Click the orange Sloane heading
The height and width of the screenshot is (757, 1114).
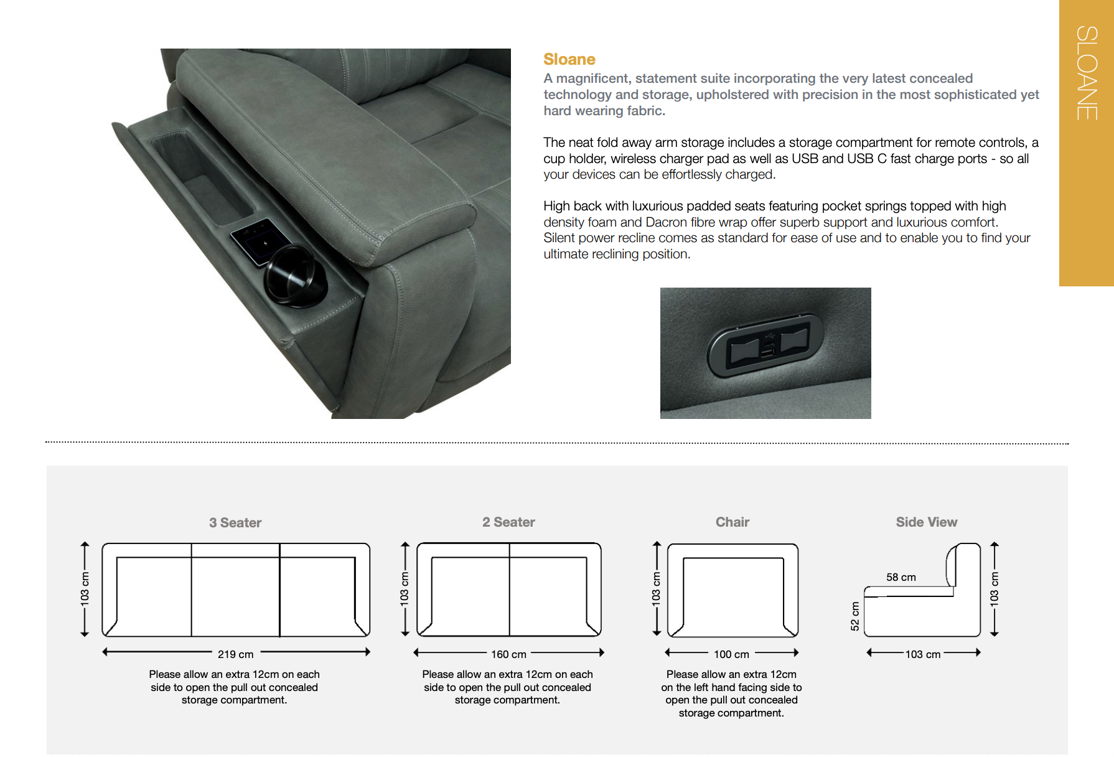click(x=569, y=59)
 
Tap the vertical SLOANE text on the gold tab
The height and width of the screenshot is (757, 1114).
click(x=1087, y=73)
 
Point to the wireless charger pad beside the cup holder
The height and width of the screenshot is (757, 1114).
click(x=260, y=241)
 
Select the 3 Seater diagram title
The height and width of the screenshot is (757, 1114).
click(x=235, y=523)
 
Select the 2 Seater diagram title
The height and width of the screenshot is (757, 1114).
click(x=508, y=522)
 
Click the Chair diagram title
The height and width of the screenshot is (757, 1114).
click(x=732, y=522)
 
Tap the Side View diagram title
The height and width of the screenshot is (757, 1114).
click(x=926, y=522)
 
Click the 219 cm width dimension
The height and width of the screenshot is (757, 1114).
click(x=235, y=654)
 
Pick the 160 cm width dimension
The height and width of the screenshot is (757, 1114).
click(x=508, y=654)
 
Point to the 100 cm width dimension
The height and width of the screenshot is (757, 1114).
click(x=731, y=654)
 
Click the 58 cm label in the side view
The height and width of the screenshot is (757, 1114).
click(x=901, y=577)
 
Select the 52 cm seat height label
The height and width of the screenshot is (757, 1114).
click(x=855, y=616)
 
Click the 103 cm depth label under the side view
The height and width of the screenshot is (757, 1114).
click(x=922, y=654)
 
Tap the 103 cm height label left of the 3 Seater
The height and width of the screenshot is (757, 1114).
click(x=85, y=589)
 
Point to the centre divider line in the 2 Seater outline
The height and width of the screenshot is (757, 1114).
click(x=509, y=589)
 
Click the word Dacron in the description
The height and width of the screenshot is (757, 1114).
click(x=666, y=222)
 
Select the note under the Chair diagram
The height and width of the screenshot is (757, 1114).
click(x=731, y=694)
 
